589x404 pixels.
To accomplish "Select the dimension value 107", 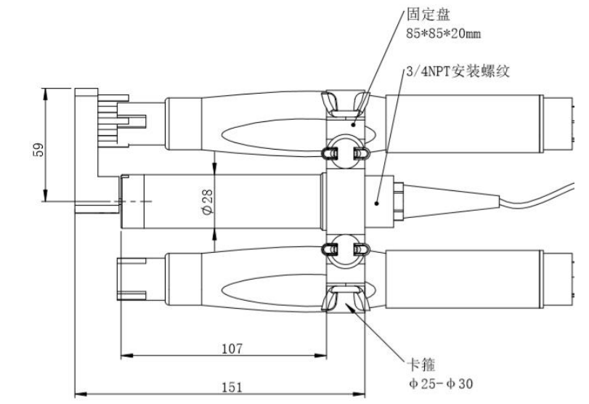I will click(x=232, y=348).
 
